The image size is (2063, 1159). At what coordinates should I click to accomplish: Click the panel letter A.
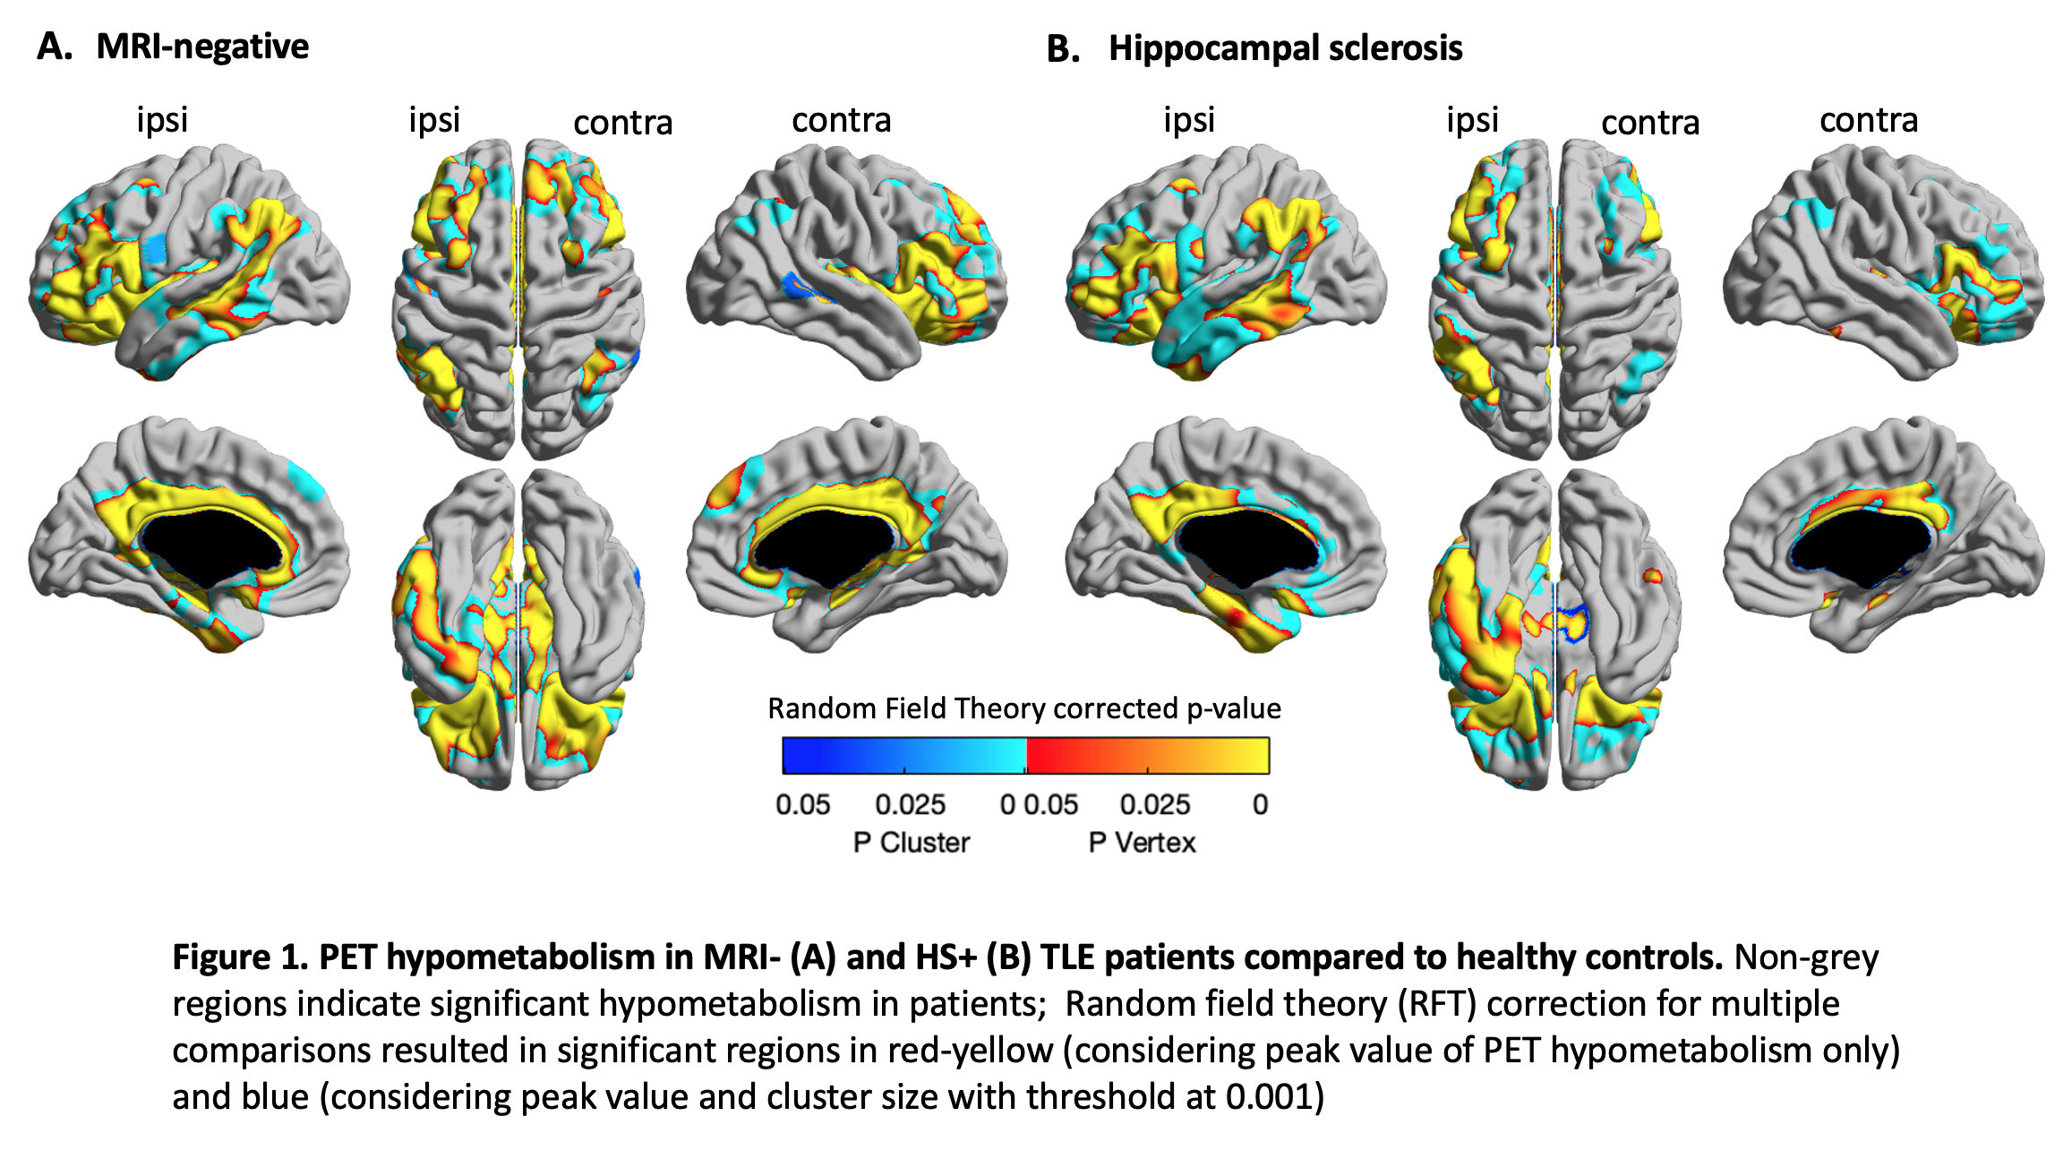tap(53, 47)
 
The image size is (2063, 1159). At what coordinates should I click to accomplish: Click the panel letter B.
tap(1062, 48)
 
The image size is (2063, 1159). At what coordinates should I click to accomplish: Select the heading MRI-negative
tap(202, 47)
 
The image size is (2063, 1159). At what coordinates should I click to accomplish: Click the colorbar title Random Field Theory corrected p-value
tap(1024, 708)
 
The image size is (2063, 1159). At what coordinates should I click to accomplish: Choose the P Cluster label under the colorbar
tap(911, 843)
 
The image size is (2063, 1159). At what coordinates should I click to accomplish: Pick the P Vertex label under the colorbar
tap(1142, 843)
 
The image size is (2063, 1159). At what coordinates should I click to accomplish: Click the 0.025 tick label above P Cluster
tap(910, 804)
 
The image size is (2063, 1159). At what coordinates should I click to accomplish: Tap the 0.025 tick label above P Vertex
tap(1154, 804)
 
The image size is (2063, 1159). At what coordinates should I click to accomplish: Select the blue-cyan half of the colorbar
tap(904, 755)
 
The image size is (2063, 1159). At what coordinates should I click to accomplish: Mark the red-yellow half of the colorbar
tap(1148, 755)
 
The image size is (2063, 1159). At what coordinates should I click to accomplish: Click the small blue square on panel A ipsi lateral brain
tap(156, 248)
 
